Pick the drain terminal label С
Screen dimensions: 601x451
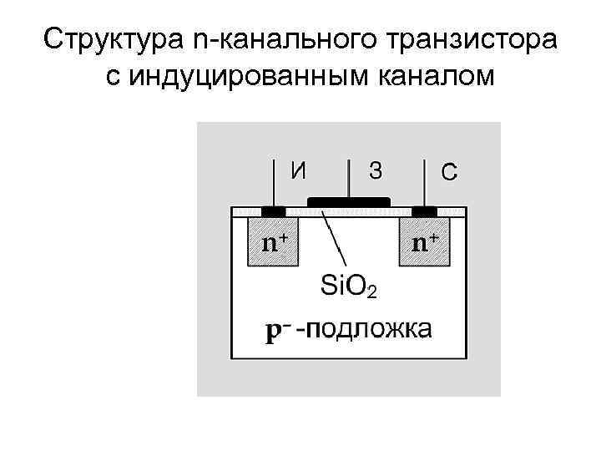pyautogui.click(x=448, y=172)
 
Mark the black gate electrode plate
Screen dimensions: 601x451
pyautogui.click(x=349, y=201)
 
